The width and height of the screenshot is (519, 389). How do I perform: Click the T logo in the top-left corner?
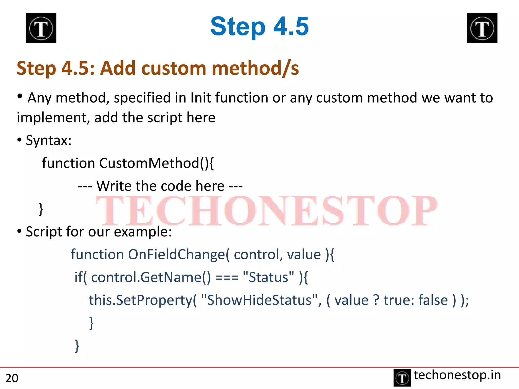[x=41, y=28]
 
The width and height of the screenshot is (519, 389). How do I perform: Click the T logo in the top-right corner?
[x=482, y=28]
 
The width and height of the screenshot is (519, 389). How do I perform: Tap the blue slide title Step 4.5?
[x=259, y=26]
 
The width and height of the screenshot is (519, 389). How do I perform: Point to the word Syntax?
[x=49, y=140]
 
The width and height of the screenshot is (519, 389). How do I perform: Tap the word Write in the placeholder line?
[x=114, y=186]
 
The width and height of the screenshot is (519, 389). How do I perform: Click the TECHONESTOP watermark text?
[x=266, y=211]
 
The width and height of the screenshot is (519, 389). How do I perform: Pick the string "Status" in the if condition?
[x=268, y=277]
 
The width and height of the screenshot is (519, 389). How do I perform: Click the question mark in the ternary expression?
[x=376, y=300]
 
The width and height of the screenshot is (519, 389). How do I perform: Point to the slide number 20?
[x=12, y=378]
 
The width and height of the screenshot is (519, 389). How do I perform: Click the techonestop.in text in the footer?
[x=457, y=375]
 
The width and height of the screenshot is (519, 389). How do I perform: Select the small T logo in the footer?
[x=402, y=378]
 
